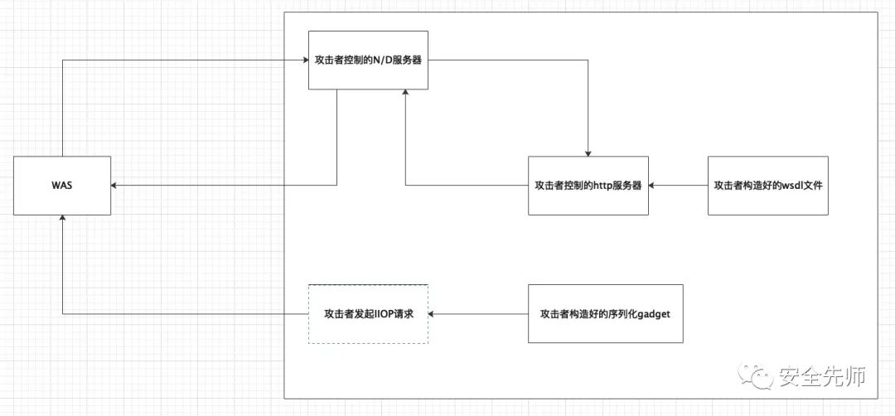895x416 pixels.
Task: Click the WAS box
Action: point(62,186)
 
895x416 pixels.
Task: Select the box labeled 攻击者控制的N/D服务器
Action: point(368,60)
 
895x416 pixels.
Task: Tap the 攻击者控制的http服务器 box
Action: point(588,186)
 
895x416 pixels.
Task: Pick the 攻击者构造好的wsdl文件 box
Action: point(767,186)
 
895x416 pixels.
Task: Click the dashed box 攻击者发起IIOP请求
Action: point(368,314)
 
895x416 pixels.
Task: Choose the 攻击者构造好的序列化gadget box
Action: point(605,314)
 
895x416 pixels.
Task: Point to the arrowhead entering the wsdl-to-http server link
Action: point(652,186)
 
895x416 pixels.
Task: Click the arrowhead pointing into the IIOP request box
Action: point(432,314)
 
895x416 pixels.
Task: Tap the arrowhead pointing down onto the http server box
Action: point(588,153)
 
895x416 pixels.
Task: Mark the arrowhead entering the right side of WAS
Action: point(114,186)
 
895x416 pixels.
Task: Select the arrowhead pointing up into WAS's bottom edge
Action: point(62,219)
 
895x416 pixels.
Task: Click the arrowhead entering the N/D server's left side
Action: point(305,60)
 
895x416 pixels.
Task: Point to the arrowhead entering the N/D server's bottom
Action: point(405,94)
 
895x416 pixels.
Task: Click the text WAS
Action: point(62,186)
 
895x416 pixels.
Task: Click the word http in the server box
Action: point(602,186)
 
